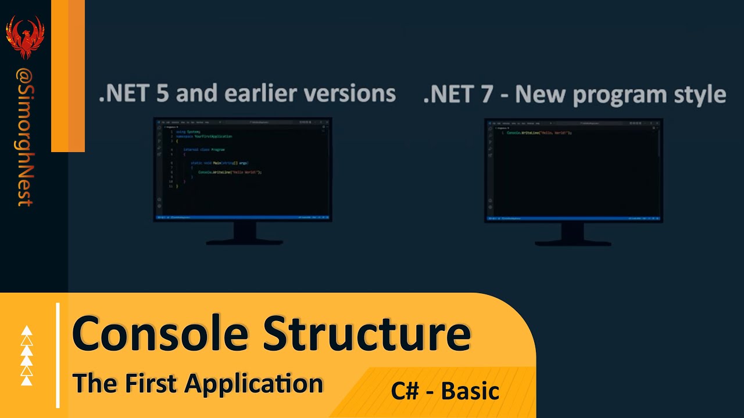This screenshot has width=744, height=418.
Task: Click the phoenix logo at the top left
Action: click(x=25, y=37)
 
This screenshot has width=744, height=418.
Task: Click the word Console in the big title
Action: click(x=160, y=334)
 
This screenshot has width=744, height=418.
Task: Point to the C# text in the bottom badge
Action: click(x=405, y=391)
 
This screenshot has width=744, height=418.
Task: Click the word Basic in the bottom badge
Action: click(x=470, y=391)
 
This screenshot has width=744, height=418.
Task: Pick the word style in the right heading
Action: click(x=699, y=94)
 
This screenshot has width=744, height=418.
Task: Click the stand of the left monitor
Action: click(x=245, y=233)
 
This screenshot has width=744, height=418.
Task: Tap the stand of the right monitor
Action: click(x=573, y=234)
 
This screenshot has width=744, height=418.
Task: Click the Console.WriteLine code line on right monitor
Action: click(x=539, y=133)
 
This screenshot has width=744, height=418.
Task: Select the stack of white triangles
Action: click(x=27, y=356)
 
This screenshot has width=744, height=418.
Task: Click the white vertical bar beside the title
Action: click(x=58, y=355)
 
